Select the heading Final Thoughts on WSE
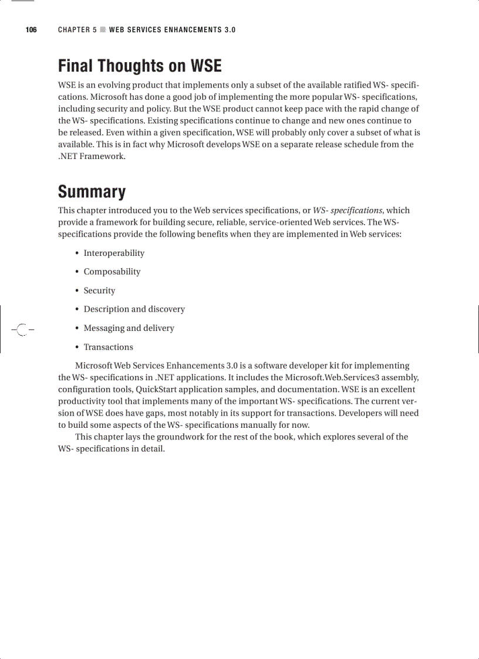[140, 65]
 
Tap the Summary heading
[92, 192]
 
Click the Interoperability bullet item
[114, 253]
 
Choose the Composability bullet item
[112, 272]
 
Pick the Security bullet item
[99, 290]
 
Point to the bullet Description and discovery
[134, 309]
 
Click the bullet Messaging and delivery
[129, 328]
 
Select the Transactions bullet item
[108, 347]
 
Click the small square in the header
[103, 30]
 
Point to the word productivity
[85, 401]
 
